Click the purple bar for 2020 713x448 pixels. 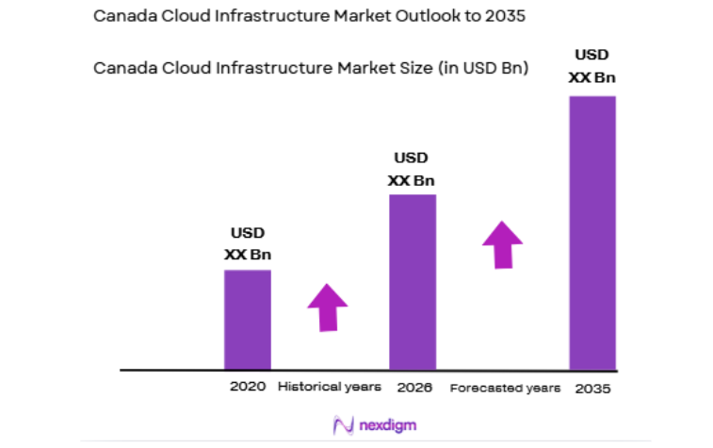click(x=247, y=320)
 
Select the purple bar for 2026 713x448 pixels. click(x=413, y=282)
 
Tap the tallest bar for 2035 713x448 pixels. click(x=592, y=232)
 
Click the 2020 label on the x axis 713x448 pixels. click(x=247, y=387)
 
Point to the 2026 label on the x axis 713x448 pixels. click(x=413, y=387)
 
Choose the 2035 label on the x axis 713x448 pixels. click(x=592, y=388)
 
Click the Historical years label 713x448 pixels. click(x=330, y=387)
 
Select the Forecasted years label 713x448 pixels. click(x=505, y=388)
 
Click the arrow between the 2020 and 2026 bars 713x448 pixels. click(x=327, y=307)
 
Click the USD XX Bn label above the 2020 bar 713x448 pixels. click(x=248, y=243)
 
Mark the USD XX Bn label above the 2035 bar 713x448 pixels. click(x=592, y=66)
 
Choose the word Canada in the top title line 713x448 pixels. click(x=120, y=15)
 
